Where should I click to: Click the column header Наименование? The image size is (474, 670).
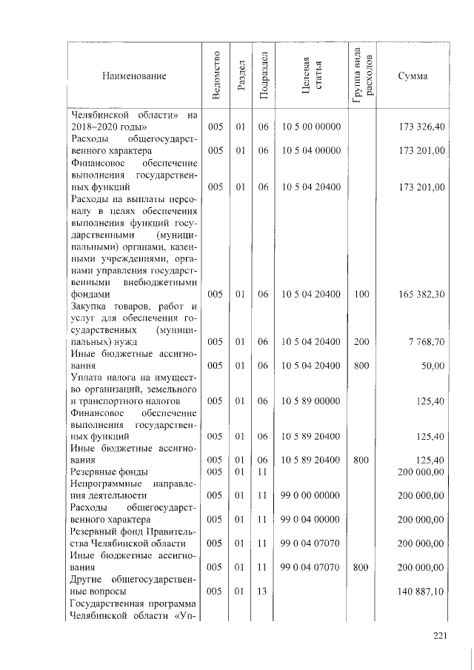pos(135,76)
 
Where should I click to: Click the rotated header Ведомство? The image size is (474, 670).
pos(216,76)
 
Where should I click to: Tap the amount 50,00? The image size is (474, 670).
pos(433,366)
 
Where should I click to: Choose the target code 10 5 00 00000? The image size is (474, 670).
pos(311,127)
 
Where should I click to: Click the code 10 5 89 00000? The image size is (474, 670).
pos(311,401)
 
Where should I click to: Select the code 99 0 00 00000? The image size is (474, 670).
pos(311,495)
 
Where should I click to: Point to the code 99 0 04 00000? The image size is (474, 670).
pos(311,520)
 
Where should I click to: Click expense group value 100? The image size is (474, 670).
pos(361,295)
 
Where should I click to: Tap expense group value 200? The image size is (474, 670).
pos(361,342)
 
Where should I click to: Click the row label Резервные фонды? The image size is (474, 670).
pos(109,472)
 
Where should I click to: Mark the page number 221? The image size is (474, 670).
pos(441,634)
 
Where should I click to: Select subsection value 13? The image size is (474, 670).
pos(261,592)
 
